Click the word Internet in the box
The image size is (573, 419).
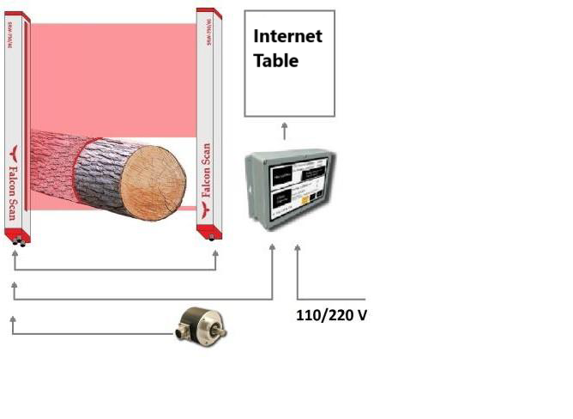point(287,37)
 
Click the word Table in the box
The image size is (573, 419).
point(275,61)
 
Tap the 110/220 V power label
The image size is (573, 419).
point(331,315)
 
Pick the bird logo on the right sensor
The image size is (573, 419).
point(206,207)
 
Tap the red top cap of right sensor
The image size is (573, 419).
point(205,12)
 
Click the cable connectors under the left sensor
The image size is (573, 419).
point(18,241)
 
